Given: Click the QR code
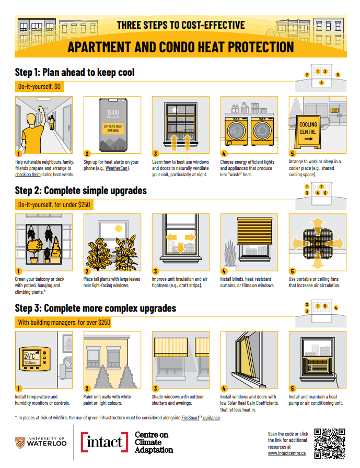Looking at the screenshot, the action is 330,443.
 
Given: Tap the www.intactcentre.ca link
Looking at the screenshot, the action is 287,453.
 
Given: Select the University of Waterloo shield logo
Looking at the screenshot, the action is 20,442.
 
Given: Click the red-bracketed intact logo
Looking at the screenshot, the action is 104,442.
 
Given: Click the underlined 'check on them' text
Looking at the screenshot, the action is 28,175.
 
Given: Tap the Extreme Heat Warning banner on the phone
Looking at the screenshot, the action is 113,128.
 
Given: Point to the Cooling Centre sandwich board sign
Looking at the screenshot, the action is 308,132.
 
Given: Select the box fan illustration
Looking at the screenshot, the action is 317,244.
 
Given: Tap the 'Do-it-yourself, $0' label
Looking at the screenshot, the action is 39,87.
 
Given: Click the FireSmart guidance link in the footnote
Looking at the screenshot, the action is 201,418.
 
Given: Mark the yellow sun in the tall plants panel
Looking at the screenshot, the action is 119,229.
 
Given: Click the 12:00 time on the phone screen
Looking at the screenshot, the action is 113,112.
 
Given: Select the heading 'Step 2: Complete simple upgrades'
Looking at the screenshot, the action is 81,190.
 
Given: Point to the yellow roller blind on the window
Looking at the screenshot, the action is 254,231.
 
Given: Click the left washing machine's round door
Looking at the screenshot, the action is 236,131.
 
